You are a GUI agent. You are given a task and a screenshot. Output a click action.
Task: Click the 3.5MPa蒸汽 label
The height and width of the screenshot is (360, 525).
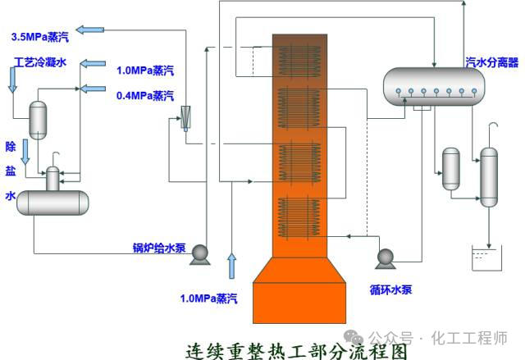(x=39, y=36)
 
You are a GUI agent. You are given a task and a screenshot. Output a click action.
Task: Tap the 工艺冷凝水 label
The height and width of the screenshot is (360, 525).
(x=40, y=62)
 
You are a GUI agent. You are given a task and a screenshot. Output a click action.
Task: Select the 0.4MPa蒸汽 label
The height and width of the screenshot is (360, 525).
(x=144, y=95)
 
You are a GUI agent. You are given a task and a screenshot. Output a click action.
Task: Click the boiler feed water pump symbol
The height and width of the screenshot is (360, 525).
(x=199, y=257)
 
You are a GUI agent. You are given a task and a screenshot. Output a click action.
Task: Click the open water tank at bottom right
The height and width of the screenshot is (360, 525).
(x=487, y=261)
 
